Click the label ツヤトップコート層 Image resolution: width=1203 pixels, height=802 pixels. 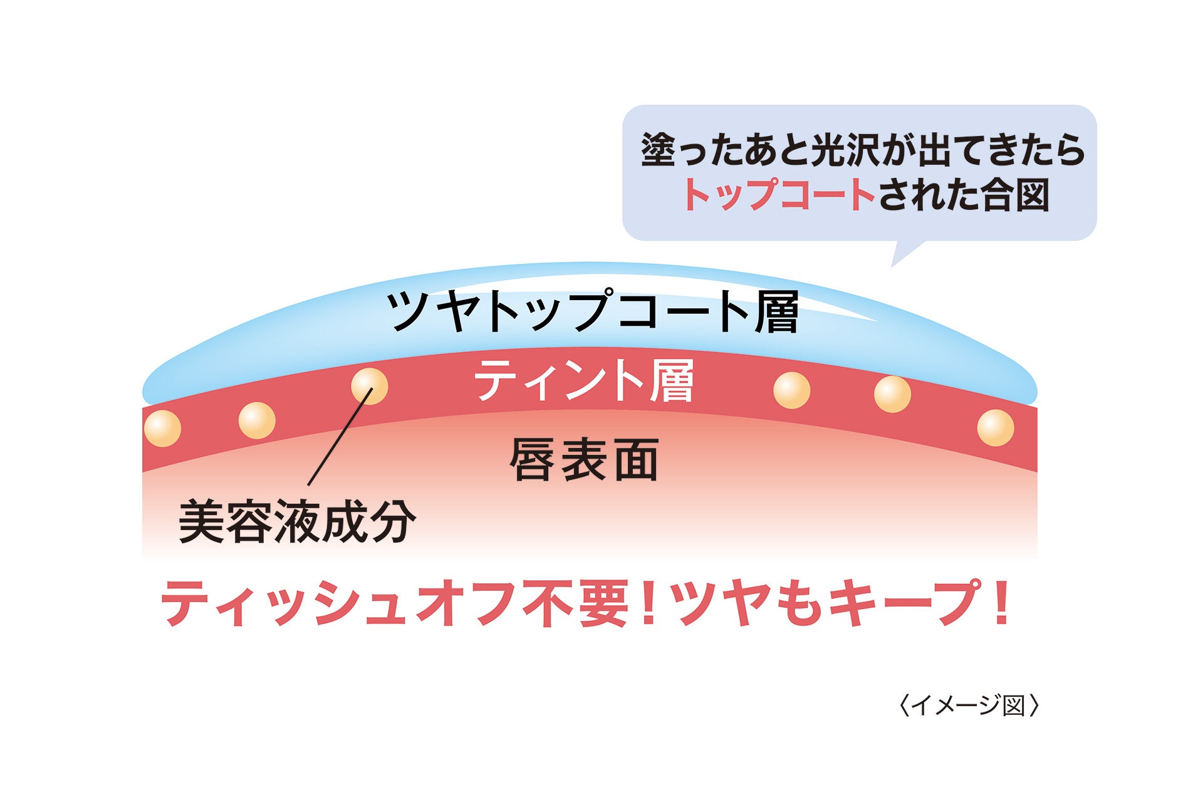coord(591,311)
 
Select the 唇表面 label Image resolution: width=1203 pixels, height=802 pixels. coord(584,460)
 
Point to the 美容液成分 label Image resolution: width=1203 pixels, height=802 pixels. coord(297,521)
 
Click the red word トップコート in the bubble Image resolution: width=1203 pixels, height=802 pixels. coord(779,194)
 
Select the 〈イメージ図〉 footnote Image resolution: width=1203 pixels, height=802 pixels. coord(969,706)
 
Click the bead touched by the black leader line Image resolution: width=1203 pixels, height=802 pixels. coord(369,386)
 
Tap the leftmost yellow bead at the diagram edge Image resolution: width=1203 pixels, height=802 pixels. coord(162,429)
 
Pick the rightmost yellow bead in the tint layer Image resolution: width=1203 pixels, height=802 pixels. coord(995,428)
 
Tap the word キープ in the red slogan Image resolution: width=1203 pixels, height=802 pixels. coord(902,603)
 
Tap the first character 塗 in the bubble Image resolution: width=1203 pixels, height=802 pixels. coord(658,150)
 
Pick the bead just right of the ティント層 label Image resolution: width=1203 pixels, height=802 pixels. coord(791,390)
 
